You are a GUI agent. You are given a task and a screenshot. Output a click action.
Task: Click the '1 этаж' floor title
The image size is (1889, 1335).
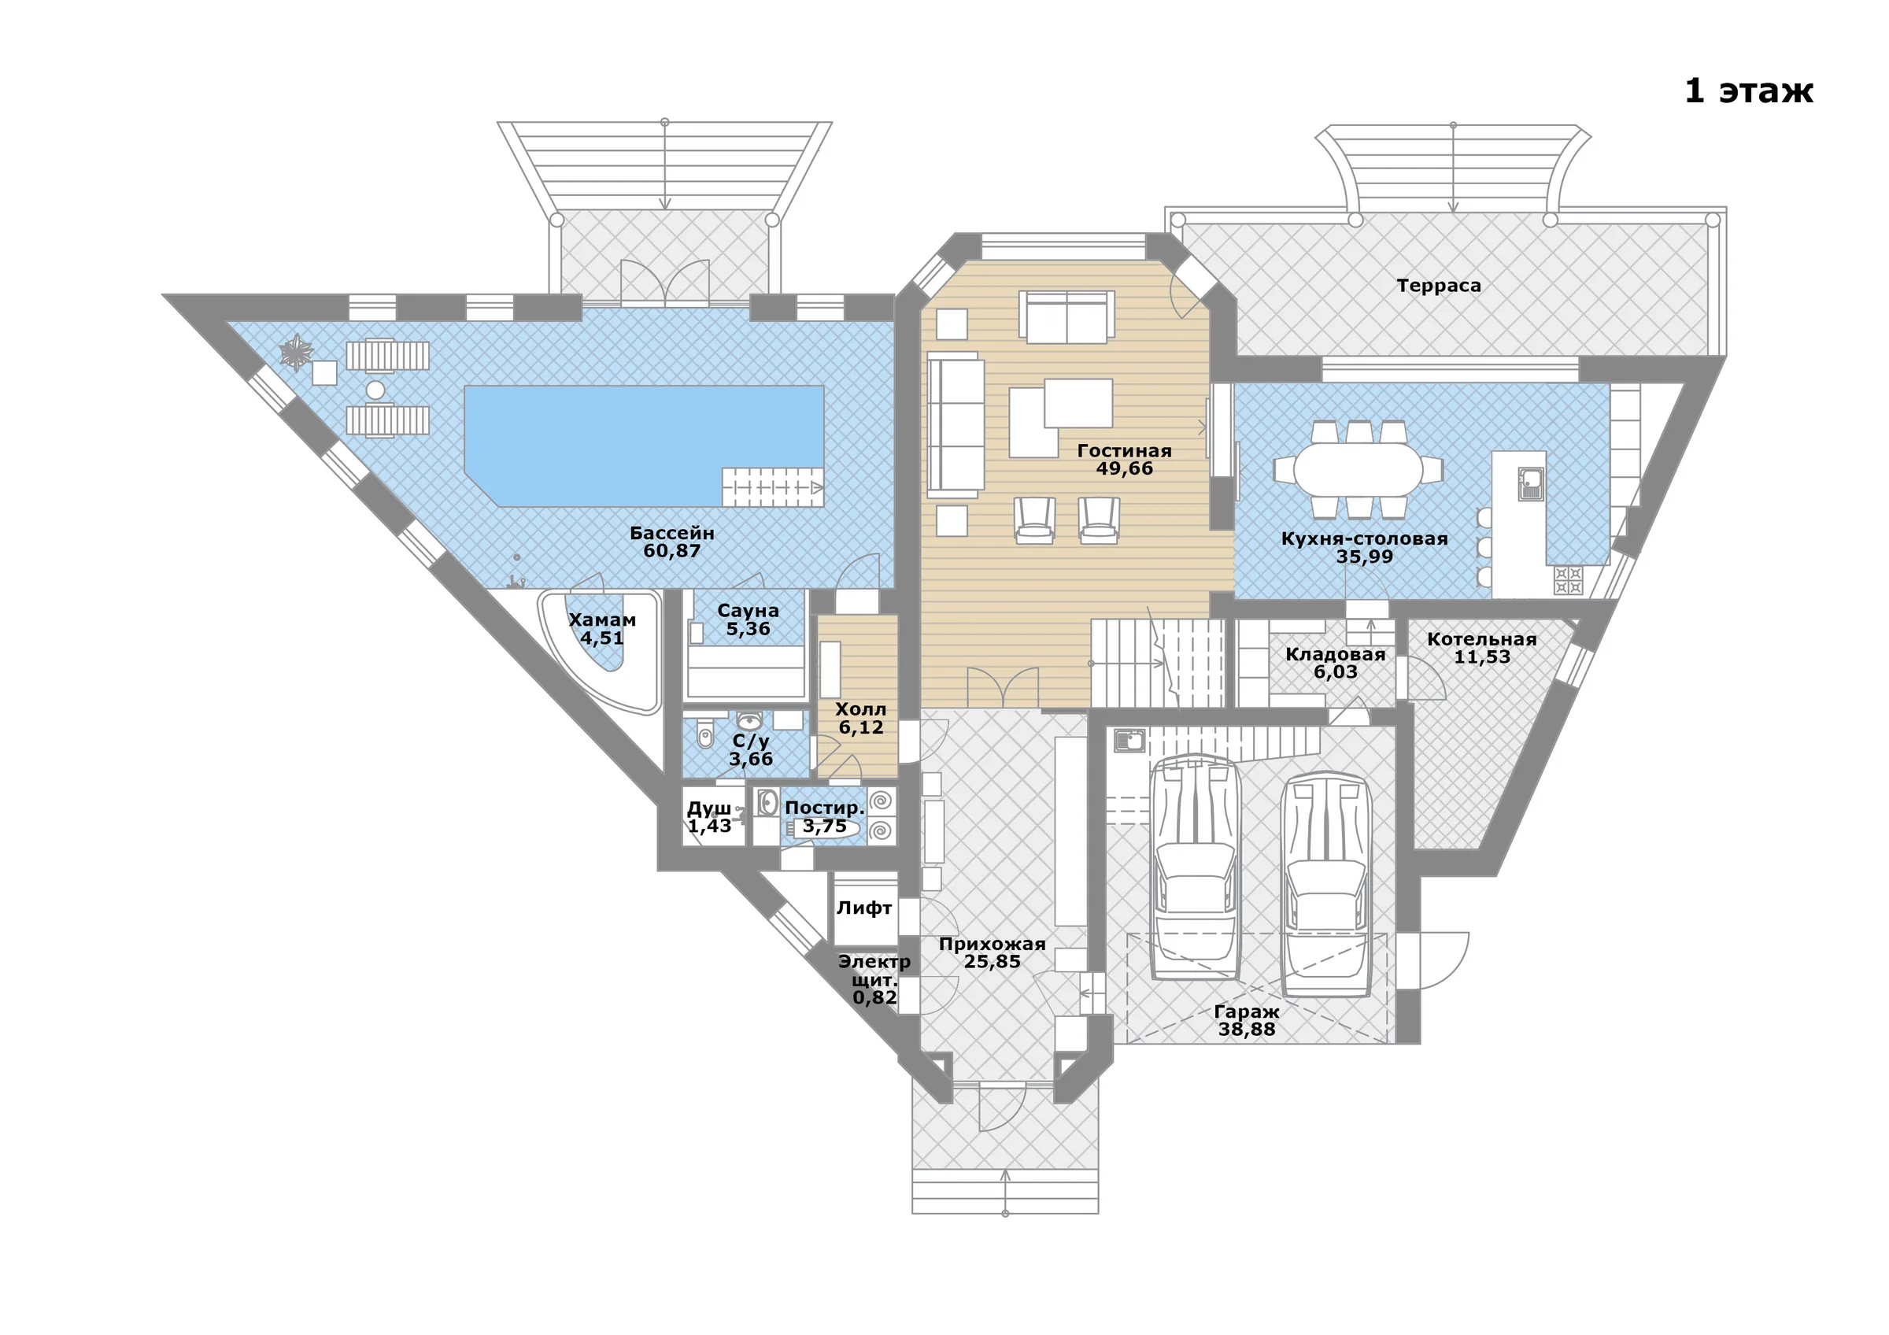coord(1748,91)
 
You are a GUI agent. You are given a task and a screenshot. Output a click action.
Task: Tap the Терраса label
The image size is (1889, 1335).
coord(1438,286)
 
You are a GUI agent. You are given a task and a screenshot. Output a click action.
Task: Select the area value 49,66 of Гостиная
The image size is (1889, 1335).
coord(1124,469)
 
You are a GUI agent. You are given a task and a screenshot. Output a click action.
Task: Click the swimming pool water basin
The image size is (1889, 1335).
coord(644,446)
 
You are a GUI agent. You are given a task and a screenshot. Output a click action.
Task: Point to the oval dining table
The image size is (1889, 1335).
coord(1358,470)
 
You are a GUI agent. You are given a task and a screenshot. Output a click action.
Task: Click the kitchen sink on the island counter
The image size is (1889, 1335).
coord(1530,483)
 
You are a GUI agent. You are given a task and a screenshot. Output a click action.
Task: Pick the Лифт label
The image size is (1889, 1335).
coord(864,908)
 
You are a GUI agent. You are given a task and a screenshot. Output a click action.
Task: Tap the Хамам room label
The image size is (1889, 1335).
coord(602,620)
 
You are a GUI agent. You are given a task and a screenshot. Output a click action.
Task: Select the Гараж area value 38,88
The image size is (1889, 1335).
coord(1247,1030)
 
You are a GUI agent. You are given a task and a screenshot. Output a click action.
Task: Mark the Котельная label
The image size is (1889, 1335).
coord(1482,639)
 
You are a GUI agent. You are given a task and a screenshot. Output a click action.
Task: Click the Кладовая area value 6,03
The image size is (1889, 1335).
coord(1336,672)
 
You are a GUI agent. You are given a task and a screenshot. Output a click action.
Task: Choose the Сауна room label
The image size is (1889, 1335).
coord(748,611)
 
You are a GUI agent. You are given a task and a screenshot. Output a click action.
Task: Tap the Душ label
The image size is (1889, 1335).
coord(708,808)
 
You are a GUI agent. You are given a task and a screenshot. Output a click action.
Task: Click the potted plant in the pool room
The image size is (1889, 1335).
coord(296,353)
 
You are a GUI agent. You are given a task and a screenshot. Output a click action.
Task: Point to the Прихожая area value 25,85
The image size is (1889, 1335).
coord(993,962)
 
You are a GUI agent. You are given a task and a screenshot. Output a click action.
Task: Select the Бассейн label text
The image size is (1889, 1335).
coord(672,533)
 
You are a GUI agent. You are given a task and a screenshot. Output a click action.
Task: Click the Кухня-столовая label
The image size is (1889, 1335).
coord(1364,538)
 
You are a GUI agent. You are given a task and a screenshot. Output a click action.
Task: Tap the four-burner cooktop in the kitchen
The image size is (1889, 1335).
coord(1568,580)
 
